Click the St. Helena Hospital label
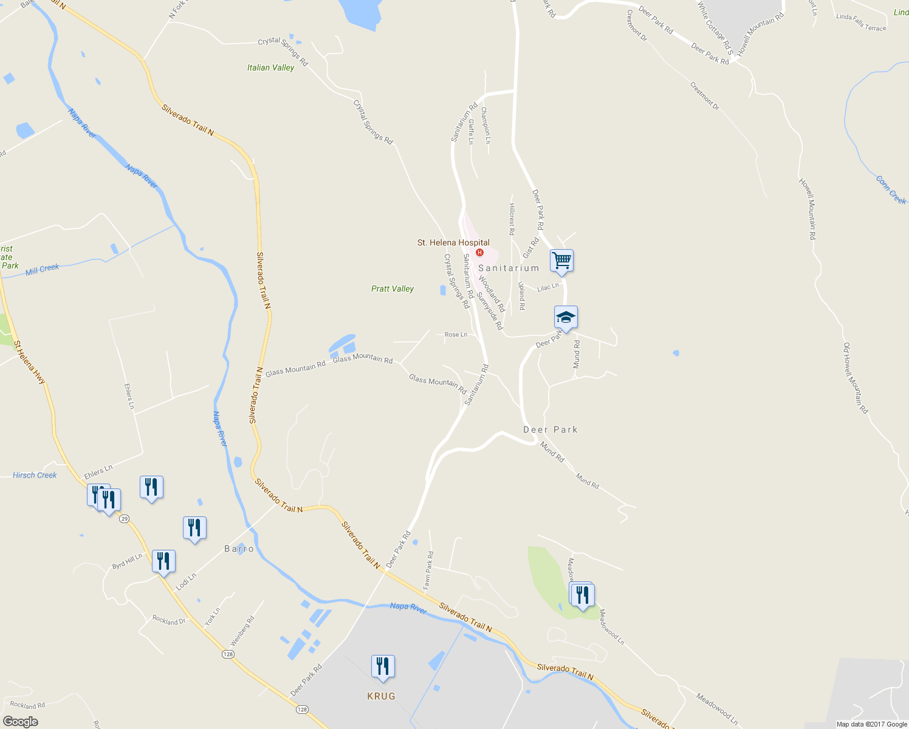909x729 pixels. click(x=453, y=242)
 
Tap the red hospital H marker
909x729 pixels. click(x=479, y=252)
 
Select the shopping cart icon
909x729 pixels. click(x=561, y=261)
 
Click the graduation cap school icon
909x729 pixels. click(x=566, y=317)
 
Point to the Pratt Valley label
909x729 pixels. click(x=393, y=289)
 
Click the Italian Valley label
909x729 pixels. click(x=270, y=67)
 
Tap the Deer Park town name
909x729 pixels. click(x=551, y=430)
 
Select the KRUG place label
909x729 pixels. click(x=382, y=696)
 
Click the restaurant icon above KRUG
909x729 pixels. click(x=383, y=666)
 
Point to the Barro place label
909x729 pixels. click(x=239, y=549)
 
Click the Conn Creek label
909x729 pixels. click(x=891, y=190)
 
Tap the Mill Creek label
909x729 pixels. click(x=43, y=269)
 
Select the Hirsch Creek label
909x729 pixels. click(x=35, y=475)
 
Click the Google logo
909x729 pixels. click(x=20, y=722)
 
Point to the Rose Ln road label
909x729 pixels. click(x=456, y=335)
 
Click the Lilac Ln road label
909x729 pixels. click(x=547, y=287)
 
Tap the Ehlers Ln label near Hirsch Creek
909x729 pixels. click(x=98, y=471)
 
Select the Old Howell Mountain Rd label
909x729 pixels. click(x=855, y=378)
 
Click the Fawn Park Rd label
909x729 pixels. click(x=428, y=570)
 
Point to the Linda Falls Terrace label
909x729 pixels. click(x=861, y=22)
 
